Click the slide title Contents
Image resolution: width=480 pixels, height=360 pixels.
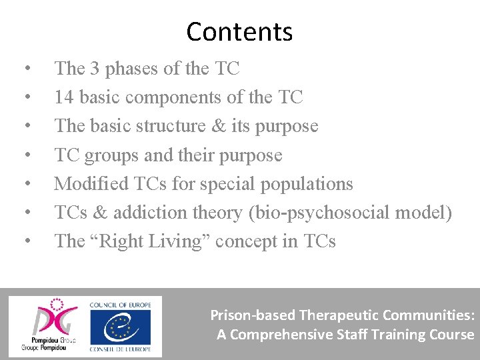pos(239,31)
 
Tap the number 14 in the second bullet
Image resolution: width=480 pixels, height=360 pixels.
pos(64,97)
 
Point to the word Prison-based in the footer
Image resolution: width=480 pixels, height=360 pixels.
pos(253,315)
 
